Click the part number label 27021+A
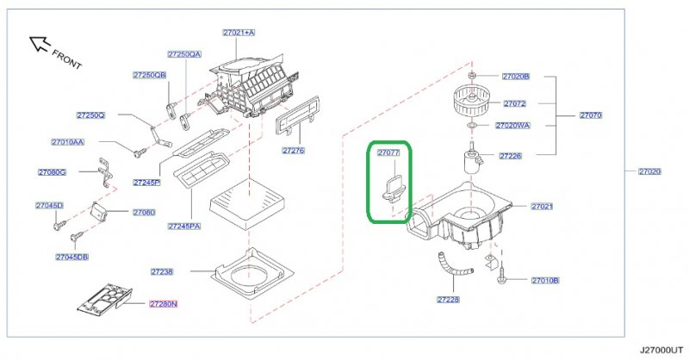(x=239, y=33)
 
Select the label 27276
(x=294, y=151)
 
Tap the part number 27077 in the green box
(x=388, y=152)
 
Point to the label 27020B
(x=516, y=76)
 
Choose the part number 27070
(x=591, y=115)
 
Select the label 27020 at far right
(x=649, y=171)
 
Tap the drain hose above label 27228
(x=453, y=268)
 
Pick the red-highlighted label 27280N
(x=163, y=304)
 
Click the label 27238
(x=162, y=271)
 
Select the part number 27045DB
(x=71, y=257)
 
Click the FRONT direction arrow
(x=40, y=44)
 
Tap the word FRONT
(x=67, y=59)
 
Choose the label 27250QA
(x=184, y=54)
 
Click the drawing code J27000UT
(x=661, y=351)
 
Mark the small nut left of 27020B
(x=472, y=76)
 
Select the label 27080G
(x=52, y=172)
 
